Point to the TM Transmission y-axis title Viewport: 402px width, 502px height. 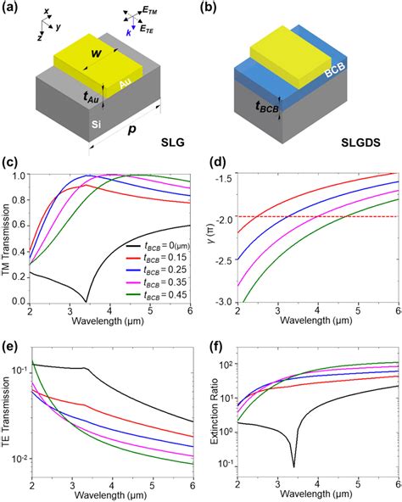9,238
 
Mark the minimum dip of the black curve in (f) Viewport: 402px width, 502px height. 294,465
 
